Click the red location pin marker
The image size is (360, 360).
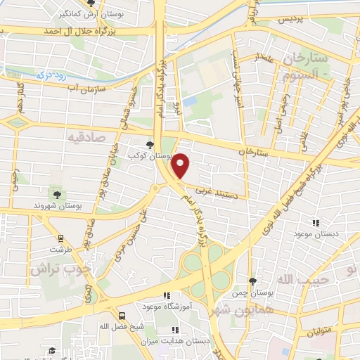tap(181, 165)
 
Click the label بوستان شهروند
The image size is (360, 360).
tap(58, 205)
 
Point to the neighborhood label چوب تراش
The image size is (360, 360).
tap(62, 269)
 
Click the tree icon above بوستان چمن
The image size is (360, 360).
tap(252, 281)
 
